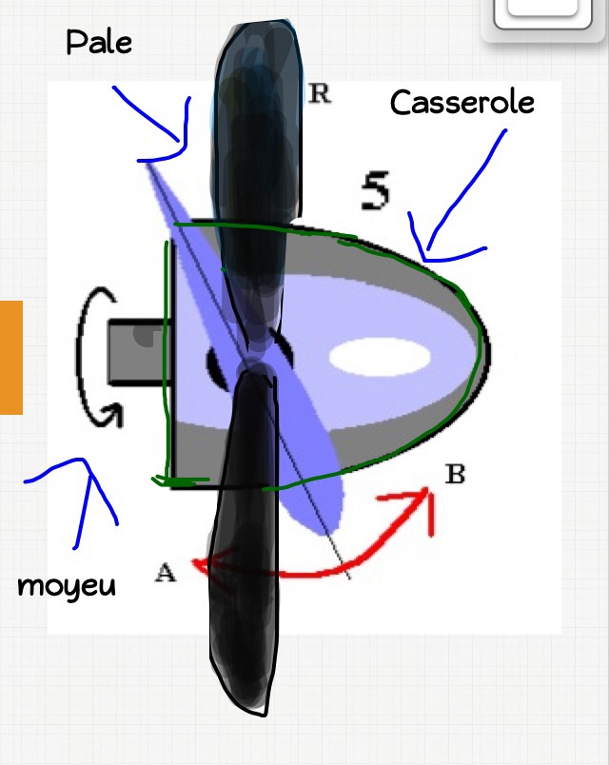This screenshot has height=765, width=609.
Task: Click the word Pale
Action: [x=99, y=43]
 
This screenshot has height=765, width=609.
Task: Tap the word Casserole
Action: [x=462, y=103]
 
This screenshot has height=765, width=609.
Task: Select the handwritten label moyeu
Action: [x=67, y=585]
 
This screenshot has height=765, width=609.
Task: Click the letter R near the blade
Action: [x=319, y=94]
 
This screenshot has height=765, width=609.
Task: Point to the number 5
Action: [x=376, y=192]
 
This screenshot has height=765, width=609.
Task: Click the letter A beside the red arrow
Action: [x=166, y=573]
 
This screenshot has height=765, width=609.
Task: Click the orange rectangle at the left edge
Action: [x=10, y=357]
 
